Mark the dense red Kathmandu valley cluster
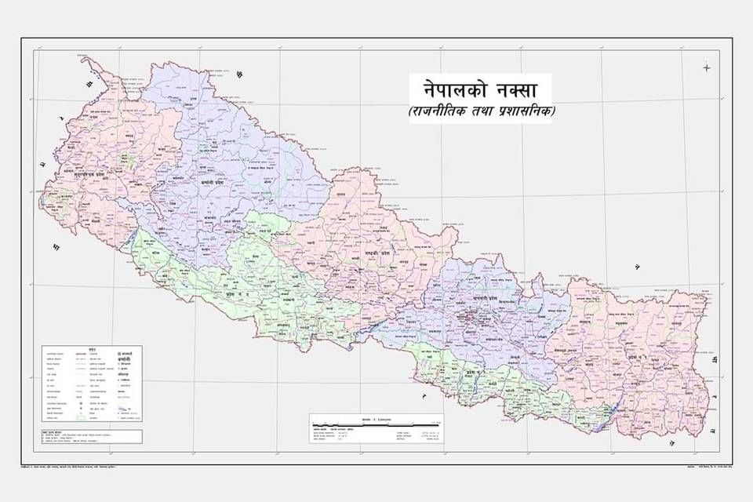coord(472,319)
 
